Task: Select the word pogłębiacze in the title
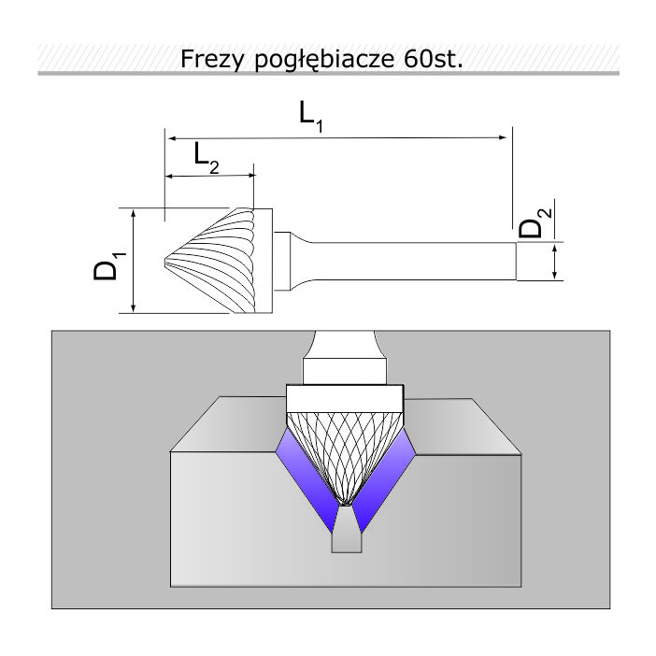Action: click(x=324, y=60)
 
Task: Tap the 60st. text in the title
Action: click(x=434, y=59)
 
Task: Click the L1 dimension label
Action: click(x=311, y=117)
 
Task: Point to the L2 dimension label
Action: click(x=207, y=158)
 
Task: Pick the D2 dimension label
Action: click(x=535, y=223)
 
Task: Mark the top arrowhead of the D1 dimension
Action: click(x=134, y=214)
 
